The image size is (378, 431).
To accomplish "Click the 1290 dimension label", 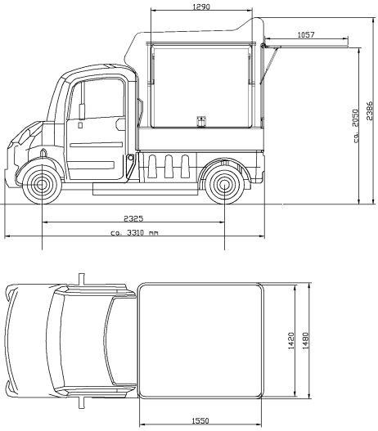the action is click(201, 7).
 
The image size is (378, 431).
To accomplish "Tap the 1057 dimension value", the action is click(306, 35).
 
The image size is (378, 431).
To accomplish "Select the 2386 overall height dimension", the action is click(370, 110).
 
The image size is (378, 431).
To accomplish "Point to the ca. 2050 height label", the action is click(356, 126).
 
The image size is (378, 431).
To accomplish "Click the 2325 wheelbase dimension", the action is click(133, 218).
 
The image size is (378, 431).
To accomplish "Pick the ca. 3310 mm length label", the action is click(134, 233).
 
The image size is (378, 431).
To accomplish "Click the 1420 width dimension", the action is click(290, 341).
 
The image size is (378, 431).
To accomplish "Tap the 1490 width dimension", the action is click(305, 341).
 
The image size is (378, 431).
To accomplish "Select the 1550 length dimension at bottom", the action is click(200, 421).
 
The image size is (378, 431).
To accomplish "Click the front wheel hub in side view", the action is click(42, 185).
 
